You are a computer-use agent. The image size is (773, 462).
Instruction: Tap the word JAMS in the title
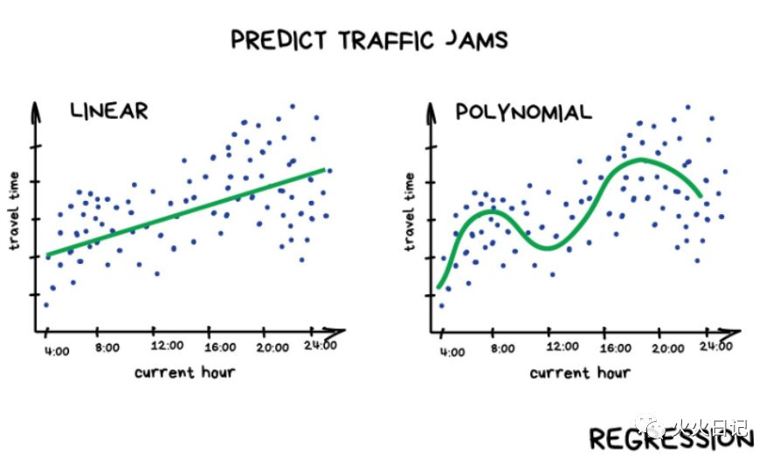(478, 40)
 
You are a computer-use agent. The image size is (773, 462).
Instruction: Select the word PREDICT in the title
(276, 40)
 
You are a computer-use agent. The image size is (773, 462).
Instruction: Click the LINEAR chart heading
(109, 111)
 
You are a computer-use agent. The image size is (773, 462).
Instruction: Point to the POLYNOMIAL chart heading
(522, 112)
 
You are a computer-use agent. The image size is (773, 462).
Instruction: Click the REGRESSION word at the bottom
(670, 438)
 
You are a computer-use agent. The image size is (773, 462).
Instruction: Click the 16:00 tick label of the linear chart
(219, 347)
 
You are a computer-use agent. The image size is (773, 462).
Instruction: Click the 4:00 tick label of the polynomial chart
(452, 353)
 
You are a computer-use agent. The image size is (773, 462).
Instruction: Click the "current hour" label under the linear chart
(185, 372)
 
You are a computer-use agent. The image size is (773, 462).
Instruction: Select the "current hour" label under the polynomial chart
(580, 372)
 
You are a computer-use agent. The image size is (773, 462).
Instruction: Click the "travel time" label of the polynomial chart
(410, 212)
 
